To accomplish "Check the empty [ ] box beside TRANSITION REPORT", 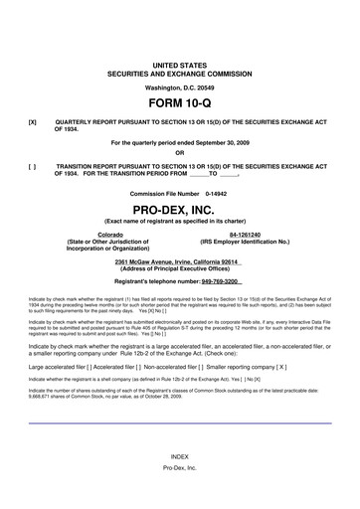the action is click(33, 167).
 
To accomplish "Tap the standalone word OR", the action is click(179, 153).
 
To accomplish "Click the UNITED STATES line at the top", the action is click(179, 65).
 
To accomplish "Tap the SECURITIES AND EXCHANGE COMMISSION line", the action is click(179, 73).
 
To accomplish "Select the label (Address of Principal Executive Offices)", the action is click(179, 268).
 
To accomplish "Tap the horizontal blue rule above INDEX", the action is click(179, 450).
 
